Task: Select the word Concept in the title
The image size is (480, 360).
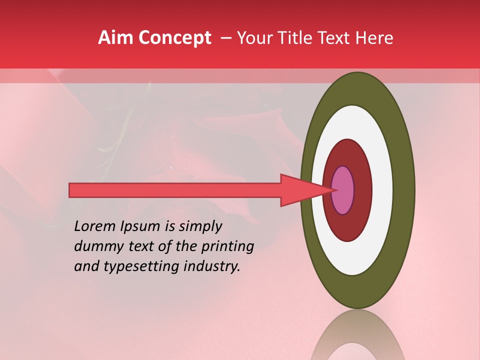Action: pyautogui.click(x=174, y=38)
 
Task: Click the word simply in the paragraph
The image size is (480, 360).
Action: pyautogui.click(x=199, y=227)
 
